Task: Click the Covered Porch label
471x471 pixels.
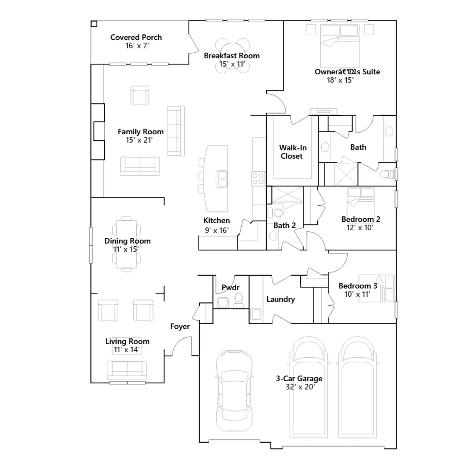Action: coord(136,37)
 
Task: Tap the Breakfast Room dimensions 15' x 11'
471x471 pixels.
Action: coord(232,64)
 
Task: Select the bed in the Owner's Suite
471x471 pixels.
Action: coord(340,46)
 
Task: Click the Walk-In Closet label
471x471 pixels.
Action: coord(293,152)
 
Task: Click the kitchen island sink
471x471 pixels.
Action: coord(222,179)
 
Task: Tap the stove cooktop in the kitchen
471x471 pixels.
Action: coord(258,179)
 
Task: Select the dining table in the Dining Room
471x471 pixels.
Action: coord(126,244)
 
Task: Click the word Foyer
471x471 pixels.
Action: coord(180,326)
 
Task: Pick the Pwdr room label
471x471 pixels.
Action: coord(230,287)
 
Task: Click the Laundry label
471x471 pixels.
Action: coord(281,299)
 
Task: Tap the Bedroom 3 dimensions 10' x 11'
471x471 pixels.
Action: coord(357,294)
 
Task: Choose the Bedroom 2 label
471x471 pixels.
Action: coord(361,219)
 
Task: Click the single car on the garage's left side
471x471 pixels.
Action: coord(234,391)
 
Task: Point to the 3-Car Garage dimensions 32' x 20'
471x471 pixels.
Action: coord(300,387)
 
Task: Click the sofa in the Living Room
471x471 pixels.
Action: coord(127,370)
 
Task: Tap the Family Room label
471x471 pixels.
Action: coord(140,132)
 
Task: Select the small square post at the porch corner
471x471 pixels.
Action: coord(94,24)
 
